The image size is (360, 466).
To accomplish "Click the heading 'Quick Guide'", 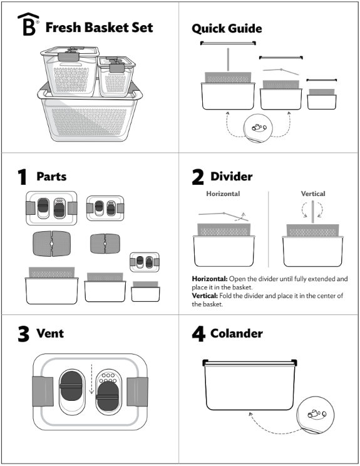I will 227,28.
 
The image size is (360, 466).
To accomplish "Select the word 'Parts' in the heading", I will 51,177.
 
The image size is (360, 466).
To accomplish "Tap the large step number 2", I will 198,177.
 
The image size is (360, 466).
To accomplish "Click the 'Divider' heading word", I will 232,177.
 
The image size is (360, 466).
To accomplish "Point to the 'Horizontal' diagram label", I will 223,194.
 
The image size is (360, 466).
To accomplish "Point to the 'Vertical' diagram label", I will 313,194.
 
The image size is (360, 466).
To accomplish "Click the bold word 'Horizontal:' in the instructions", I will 211,278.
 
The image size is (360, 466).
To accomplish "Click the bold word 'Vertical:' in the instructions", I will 206,296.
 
